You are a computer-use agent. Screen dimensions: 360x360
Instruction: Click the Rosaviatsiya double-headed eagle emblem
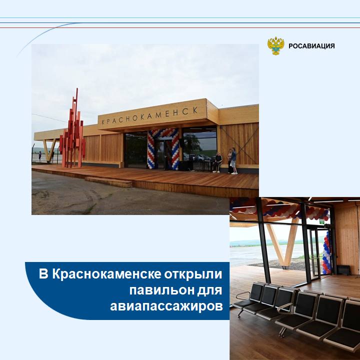(275, 45)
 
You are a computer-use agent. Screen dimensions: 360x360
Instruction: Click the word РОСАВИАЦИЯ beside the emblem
(311, 46)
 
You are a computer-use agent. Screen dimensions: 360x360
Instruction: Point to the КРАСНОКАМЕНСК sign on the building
(149, 116)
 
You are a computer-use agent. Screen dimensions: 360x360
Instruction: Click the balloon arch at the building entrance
(163, 148)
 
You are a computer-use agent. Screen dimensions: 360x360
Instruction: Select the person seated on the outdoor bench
(217, 162)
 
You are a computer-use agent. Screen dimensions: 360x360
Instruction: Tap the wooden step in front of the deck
(108, 182)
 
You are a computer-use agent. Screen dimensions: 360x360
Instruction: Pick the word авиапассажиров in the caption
(166, 306)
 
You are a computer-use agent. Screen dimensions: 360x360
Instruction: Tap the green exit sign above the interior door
(322, 222)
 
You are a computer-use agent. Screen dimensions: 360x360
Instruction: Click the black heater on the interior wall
(343, 270)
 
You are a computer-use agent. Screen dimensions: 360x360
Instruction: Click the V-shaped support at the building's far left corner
(49, 150)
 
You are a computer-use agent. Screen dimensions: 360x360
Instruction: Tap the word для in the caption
(210, 290)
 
